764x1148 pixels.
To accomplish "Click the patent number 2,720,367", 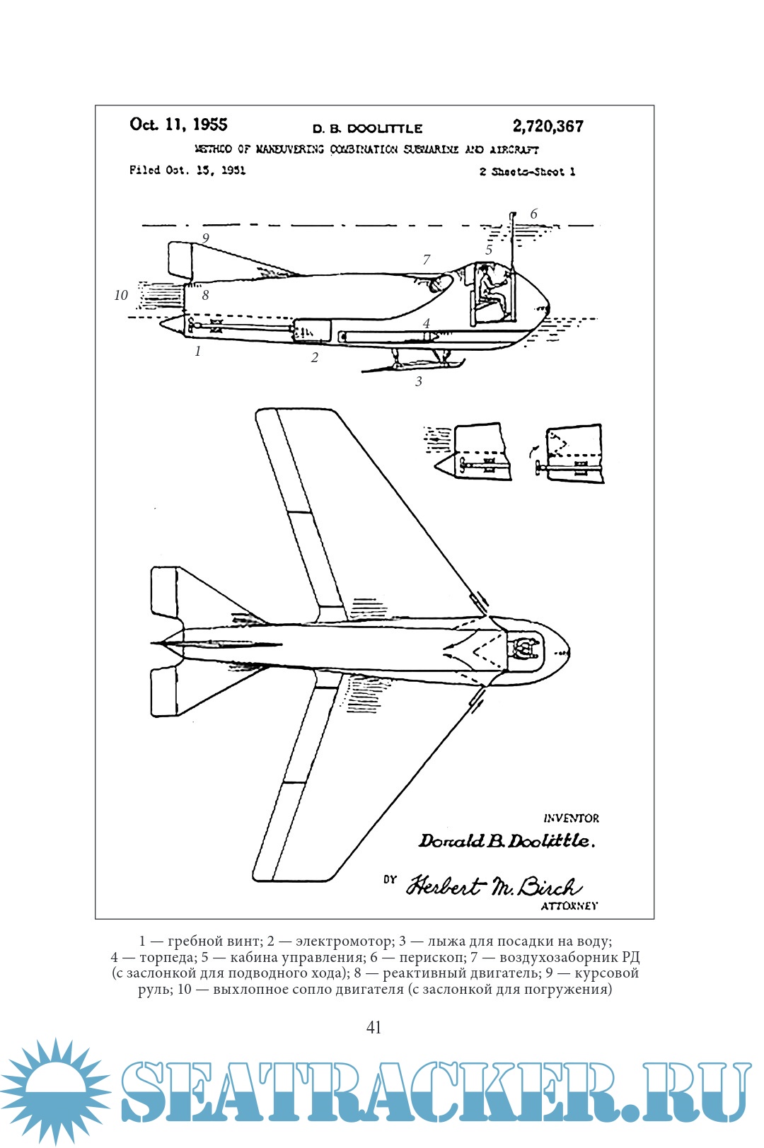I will [548, 127].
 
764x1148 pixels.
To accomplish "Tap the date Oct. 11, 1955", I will [178, 125].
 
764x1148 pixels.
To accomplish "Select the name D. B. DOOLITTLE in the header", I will [367, 129].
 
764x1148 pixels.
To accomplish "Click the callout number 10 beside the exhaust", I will [121, 296].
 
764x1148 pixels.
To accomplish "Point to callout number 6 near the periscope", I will [533, 214].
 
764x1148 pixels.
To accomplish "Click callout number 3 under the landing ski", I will [418, 382].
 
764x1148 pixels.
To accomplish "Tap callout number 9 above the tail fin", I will [205, 238].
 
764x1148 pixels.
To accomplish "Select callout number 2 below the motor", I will [315, 358].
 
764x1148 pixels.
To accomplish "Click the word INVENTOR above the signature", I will [571, 818].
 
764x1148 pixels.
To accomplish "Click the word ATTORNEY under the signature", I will [569, 906].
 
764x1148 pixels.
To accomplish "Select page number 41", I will [374, 1028].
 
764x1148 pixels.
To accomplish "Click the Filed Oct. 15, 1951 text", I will [187, 170].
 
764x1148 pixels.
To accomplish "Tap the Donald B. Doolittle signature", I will [506, 841].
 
